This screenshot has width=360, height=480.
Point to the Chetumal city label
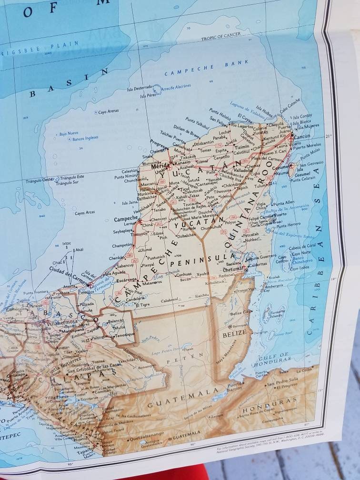pyautogui.click(x=234, y=270)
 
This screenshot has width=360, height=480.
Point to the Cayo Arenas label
pyautogui.click(x=108, y=112)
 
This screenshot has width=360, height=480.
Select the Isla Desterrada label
pyautogui.click(x=139, y=88)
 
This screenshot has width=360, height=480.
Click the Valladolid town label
pyautogui.click(x=243, y=170)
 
